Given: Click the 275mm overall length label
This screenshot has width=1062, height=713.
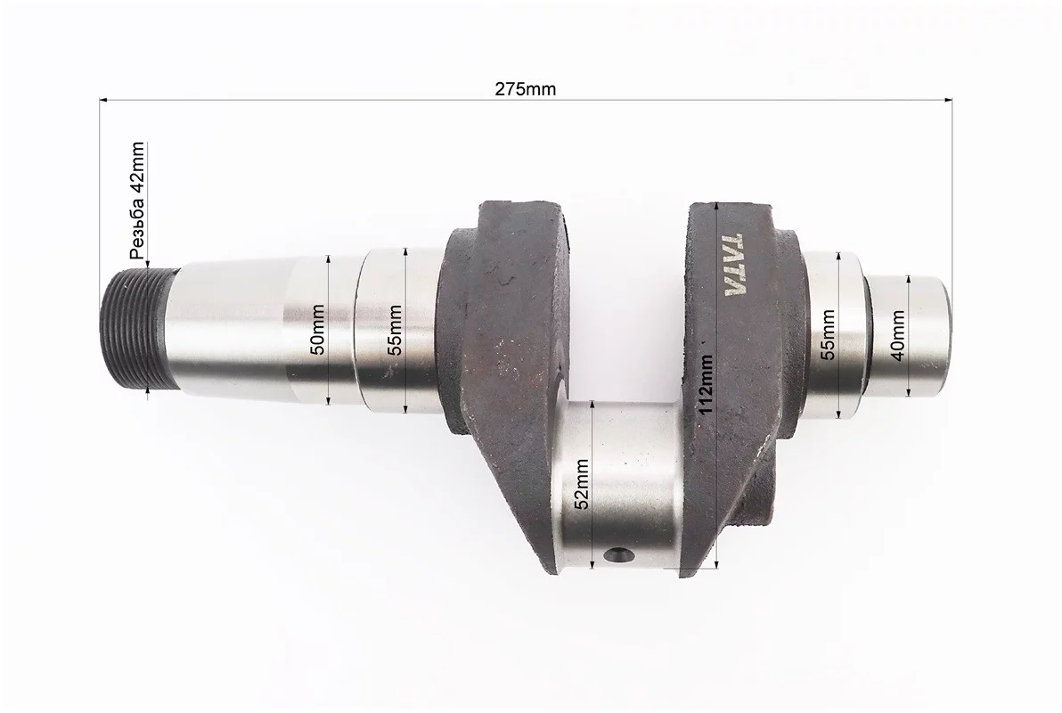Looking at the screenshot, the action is [525, 89].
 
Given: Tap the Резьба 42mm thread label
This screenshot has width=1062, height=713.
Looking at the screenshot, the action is [137, 201].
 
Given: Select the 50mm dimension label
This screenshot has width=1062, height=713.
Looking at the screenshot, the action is [316, 330].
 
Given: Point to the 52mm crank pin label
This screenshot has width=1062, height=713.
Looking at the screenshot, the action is [580, 484].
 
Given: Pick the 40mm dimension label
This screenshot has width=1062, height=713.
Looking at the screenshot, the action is [897, 335].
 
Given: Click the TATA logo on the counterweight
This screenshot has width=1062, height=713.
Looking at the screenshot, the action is [735, 266].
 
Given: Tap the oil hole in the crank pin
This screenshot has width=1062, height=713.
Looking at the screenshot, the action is [616, 556].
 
